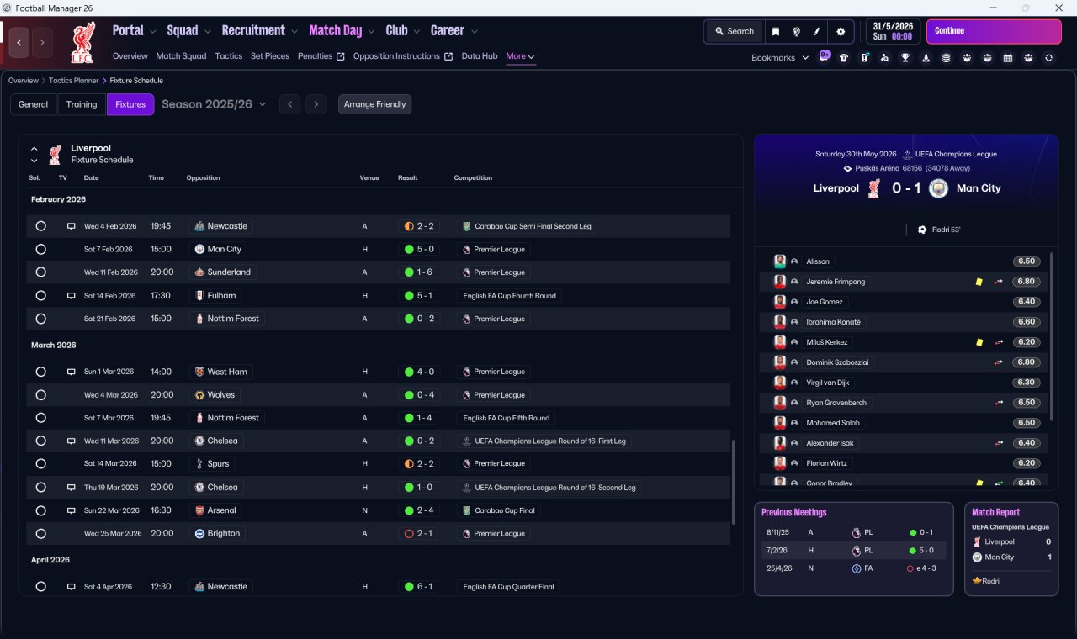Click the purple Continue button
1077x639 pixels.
coord(994,31)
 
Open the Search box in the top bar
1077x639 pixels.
coord(735,31)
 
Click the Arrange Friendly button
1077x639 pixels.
coord(374,104)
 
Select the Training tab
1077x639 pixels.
coord(82,104)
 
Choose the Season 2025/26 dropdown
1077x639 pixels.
coord(214,104)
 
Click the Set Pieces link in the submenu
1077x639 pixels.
coord(270,56)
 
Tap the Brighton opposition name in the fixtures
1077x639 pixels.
coord(224,533)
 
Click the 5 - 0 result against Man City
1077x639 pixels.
coord(425,249)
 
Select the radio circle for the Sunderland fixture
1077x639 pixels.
coord(41,272)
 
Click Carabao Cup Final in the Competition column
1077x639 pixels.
coord(504,510)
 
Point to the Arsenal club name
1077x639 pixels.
coord(221,510)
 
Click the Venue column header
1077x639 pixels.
coord(369,177)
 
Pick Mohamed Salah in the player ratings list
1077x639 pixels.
coord(833,423)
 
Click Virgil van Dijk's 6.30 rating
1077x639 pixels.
coord(1026,383)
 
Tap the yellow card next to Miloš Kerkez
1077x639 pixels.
coord(979,342)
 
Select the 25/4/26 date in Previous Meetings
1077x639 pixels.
coord(779,568)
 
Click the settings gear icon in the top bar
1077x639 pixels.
coord(841,32)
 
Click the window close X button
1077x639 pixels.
coord(1058,8)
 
